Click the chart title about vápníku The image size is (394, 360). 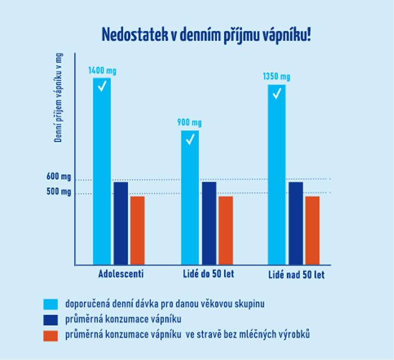[x=206, y=34]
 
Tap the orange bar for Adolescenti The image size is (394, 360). [x=138, y=230]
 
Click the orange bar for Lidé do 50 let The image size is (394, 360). [x=225, y=230]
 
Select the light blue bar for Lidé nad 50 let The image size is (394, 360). [x=277, y=174]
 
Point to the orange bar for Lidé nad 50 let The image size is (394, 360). [x=312, y=230]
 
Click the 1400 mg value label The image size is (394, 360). [x=103, y=70]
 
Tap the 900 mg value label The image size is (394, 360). [x=190, y=122]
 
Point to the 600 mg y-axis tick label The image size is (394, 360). [x=59, y=178]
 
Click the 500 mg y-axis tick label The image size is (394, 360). [x=59, y=192]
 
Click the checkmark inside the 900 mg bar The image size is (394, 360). [x=190, y=140]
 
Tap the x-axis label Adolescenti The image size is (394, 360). [x=121, y=274]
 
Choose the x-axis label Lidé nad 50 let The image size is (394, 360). [x=297, y=274]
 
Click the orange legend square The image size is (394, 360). [x=50, y=335]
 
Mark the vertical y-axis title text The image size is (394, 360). [x=58, y=97]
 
